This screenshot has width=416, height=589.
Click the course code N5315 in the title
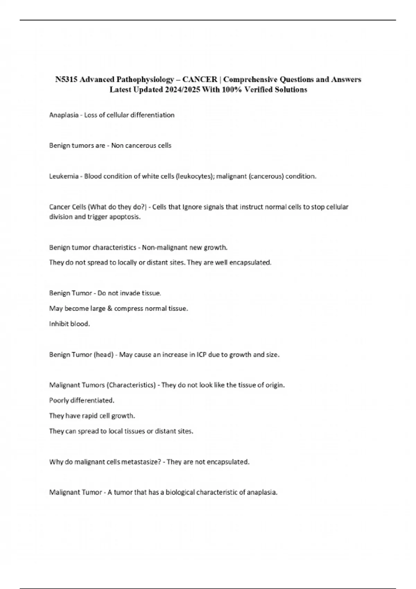(66, 80)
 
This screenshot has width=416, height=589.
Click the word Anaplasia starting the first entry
(64, 115)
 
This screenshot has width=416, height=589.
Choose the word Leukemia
(64, 176)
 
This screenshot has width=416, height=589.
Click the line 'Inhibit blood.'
(69, 324)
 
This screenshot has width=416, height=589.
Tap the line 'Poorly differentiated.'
(82, 401)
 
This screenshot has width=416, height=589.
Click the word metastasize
(142, 462)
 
